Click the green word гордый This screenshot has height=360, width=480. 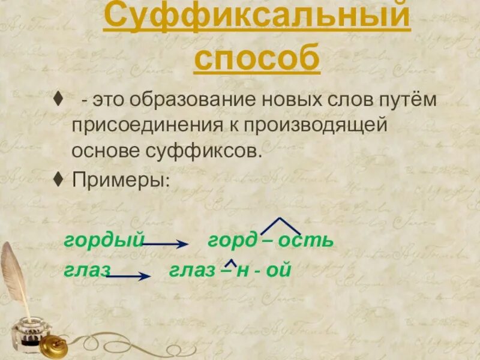(x=104, y=240)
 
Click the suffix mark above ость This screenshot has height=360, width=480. (x=281, y=226)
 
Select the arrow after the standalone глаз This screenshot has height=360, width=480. (x=128, y=276)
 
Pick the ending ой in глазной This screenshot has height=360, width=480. (x=278, y=270)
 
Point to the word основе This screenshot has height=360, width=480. (x=106, y=151)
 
